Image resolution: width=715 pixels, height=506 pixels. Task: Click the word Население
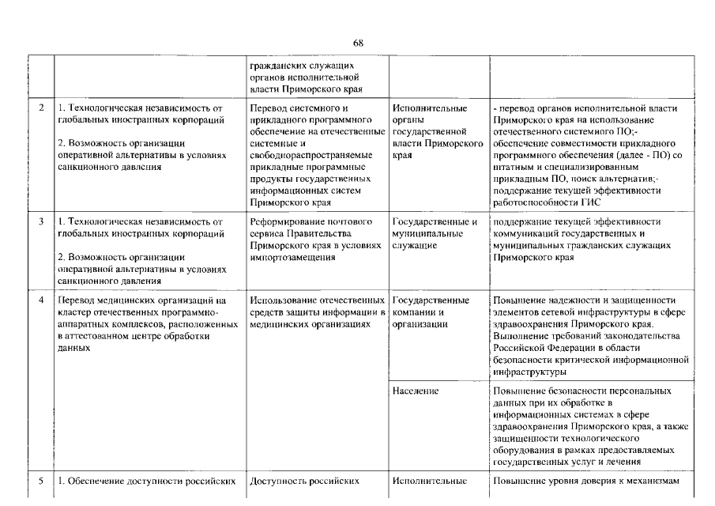[x=416, y=391]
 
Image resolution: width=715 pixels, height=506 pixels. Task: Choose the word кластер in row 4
[x=74, y=312]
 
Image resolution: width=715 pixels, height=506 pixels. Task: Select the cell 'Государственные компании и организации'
[x=431, y=312]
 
